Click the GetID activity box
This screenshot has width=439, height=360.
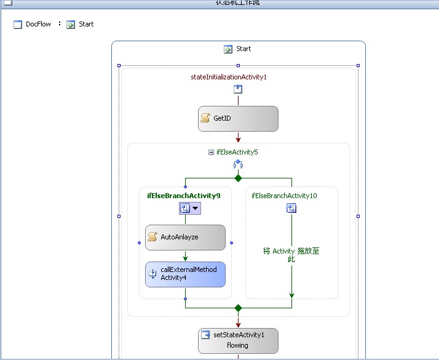238,118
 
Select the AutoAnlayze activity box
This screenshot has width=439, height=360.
185,237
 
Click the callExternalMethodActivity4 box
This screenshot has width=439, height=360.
185,274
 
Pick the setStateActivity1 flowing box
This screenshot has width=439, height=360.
238,340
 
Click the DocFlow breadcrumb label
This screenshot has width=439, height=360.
38,25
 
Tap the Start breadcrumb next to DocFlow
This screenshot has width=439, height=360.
85,25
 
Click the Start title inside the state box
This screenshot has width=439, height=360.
243,49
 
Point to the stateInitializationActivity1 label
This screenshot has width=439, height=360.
229,77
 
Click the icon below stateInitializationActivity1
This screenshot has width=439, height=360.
238,89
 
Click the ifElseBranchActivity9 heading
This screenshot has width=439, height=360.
184,195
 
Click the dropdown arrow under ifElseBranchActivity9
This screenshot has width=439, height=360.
196,209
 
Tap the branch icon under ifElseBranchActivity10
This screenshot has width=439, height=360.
291,209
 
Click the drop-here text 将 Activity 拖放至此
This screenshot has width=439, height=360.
291,255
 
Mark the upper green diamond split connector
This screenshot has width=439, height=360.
238,178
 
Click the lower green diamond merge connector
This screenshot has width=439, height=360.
238,307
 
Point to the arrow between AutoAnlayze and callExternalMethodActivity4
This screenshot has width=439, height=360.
185,256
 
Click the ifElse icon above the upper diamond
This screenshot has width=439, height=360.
238,164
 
